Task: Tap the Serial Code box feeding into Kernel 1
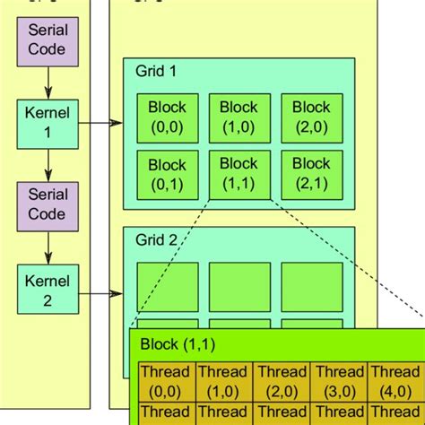48,40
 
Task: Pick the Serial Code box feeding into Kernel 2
48,205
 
